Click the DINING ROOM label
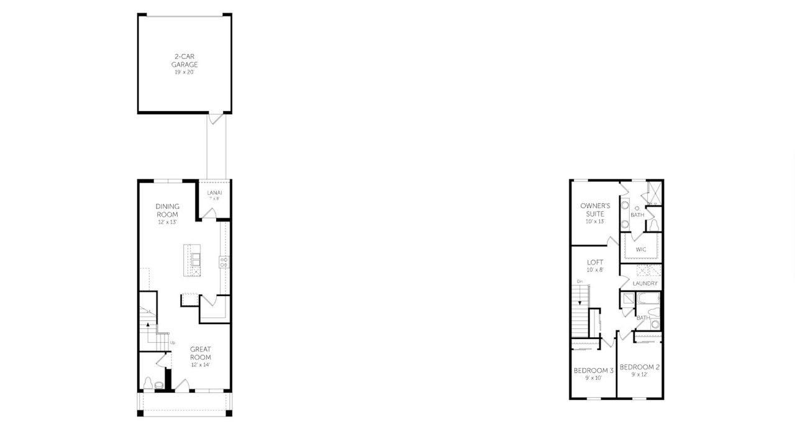167,210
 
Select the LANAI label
214,192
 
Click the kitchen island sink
195,258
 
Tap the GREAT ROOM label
201,353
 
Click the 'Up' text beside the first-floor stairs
172,342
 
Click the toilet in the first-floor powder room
148,383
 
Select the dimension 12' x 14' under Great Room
201,364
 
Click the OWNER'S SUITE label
595,210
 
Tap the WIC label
641,249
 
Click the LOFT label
595,262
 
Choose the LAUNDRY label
645,284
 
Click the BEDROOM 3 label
593,370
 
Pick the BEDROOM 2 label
640,367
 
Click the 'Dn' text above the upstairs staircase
579,282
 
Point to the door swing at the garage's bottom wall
213,118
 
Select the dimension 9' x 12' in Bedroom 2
640,375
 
